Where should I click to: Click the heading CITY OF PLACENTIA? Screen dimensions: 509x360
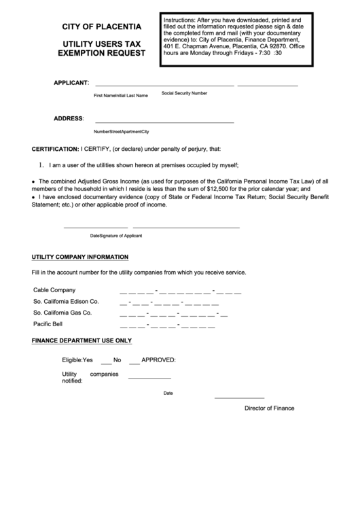102,27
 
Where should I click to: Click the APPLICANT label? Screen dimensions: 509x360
71,83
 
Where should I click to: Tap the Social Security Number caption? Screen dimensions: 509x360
184,92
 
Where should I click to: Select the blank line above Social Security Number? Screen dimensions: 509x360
268,86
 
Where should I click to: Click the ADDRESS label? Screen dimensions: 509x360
68,118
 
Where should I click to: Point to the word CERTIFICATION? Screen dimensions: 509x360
55,149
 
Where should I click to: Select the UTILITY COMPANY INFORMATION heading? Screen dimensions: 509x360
80,257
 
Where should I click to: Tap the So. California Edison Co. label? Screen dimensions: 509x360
66,301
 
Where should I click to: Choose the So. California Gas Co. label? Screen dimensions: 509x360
62,313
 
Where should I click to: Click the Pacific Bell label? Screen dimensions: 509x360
48,324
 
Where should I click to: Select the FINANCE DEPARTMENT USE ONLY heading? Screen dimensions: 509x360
82,340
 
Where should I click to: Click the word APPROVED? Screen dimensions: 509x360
158,359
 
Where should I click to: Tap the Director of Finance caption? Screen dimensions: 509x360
270,408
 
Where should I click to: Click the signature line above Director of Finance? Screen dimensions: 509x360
239,398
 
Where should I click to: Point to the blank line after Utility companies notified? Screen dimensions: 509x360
149,377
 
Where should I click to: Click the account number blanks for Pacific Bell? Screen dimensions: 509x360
167,325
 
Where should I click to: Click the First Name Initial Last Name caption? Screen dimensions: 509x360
121,96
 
